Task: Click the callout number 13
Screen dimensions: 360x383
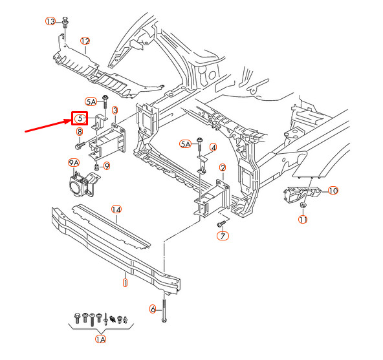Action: [x=50, y=21]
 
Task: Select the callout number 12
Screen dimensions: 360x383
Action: [x=85, y=41]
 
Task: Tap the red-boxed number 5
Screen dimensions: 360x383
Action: [x=79, y=118]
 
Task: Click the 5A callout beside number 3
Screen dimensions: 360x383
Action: [x=91, y=101]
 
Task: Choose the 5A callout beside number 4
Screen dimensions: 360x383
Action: [x=186, y=143]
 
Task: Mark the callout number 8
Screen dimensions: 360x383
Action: [x=80, y=132]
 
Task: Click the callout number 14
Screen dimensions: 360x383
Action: [x=116, y=209]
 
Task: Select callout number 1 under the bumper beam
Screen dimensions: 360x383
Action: [x=125, y=282]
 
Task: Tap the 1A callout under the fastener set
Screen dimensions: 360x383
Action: [x=100, y=339]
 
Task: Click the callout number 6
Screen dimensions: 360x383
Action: [x=153, y=309]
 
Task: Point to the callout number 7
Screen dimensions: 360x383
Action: [x=223, y=237]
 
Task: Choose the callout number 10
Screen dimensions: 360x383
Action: [x=333, y=191]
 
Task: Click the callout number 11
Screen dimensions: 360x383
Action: [x=302, y=220]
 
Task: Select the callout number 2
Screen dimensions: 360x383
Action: [x=223, y=168]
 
